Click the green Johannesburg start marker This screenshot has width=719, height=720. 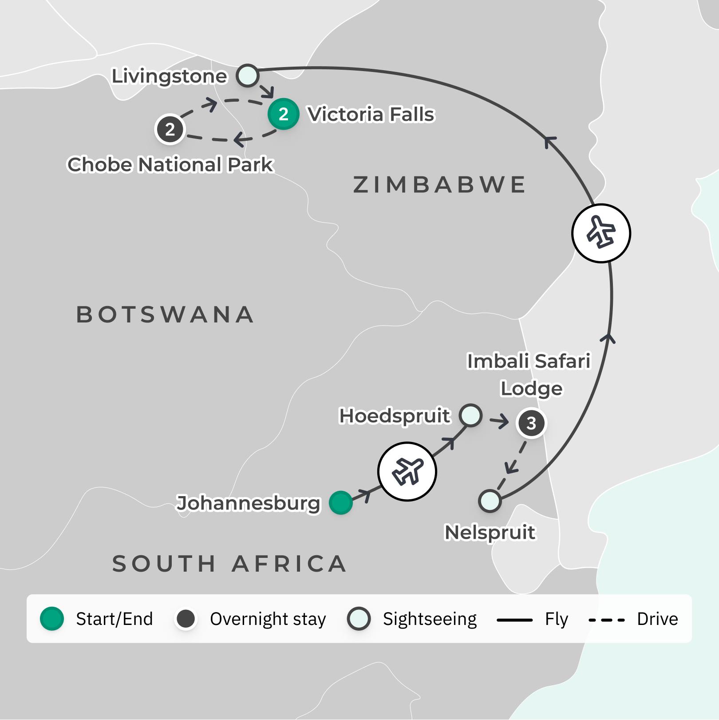pyautogui.click(x=340, y=503)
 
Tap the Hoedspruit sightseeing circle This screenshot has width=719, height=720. pyautogui.click(x=470, y=415)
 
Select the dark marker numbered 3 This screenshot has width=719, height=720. pyautogui.click(x=531, y=423)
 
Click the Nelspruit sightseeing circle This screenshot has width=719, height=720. pyautogui.click(x=490, y=501)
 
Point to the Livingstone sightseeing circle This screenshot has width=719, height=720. pyautogui.click(x=247, y=76)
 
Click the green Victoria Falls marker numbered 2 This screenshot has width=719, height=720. pyautogui.click(x=283, y=114)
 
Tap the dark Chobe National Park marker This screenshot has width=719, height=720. pyautogui.click(x=170, y=130)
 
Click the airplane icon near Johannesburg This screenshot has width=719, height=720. pyautogui.click(x=407, y=471)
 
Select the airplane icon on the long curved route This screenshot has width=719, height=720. pyautogui.click(x=601, y=233)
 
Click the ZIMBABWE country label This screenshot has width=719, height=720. pyautogui.click(x=439, y=185)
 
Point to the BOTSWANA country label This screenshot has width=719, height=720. pyautogui.click(x=165, y=314)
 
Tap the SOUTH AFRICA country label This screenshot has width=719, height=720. pyautogui.click(x=229, y=564)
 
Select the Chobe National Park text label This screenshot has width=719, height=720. pyautogui.click(x=170, y=164)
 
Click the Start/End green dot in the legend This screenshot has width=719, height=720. pyautogui.click(x=52, y=619)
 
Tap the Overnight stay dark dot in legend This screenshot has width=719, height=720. pyautogui.click(x=186, y=619)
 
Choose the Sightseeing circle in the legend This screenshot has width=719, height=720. pyautogui.click(x=359, y=619)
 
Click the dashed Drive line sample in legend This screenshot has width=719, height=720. pyautogui.click(x=607, y=620)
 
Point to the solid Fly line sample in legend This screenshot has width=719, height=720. pyautogui.click(x=514, y=620)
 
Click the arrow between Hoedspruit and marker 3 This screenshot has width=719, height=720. pyautogui.click(x=500, y=421)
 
